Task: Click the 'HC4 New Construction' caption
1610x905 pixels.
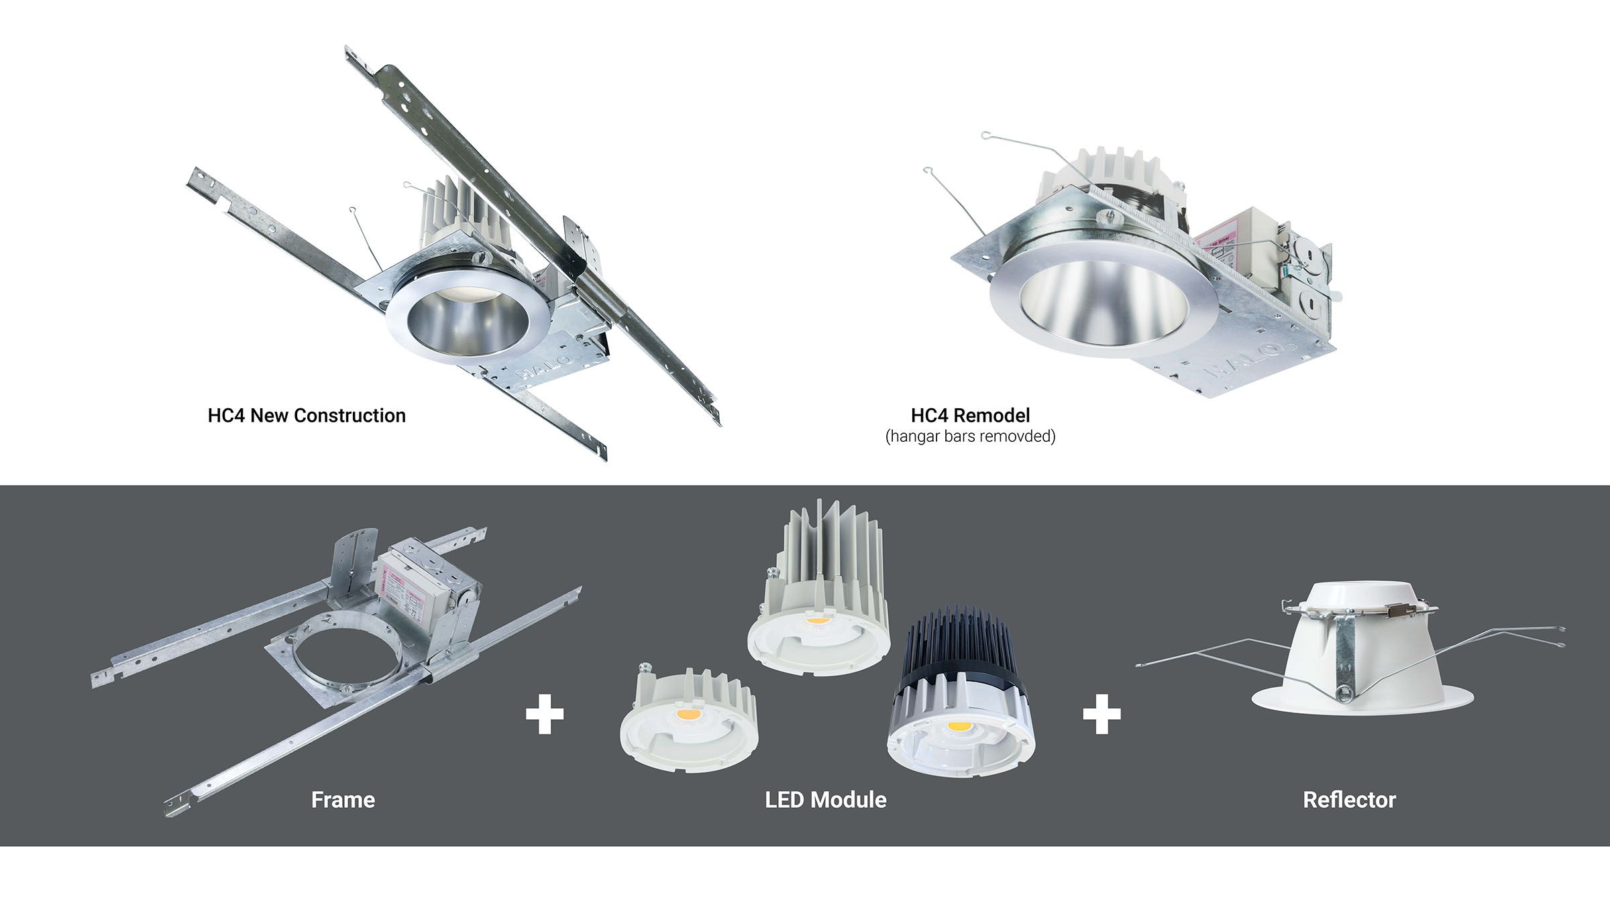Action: pyautogui.click(x=307, y=416)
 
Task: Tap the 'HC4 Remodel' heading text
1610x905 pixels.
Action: pyautogui.click(x=970, y=416)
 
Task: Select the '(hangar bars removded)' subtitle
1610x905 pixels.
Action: pyautogui.click(x=970, y=436)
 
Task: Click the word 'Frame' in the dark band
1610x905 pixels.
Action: pyautogui.click(x=343, y=800)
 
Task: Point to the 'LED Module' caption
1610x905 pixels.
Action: pyautogui.click(x=826, y=800)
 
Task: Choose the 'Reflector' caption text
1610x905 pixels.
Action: pyautogui.click(x=1349, y=800)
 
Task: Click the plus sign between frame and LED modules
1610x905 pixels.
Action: pyautogui.click(x=545, y=714)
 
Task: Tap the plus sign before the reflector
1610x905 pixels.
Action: pyautogui.click(x=1102, y=714)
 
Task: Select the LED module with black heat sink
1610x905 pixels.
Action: pyautogui.click(x=961, y=697)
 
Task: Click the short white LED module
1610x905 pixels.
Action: pyautogui.click(x=689, y=721)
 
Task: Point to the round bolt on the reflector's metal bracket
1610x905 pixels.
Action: pyautogui.click(x=1344, y=692)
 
